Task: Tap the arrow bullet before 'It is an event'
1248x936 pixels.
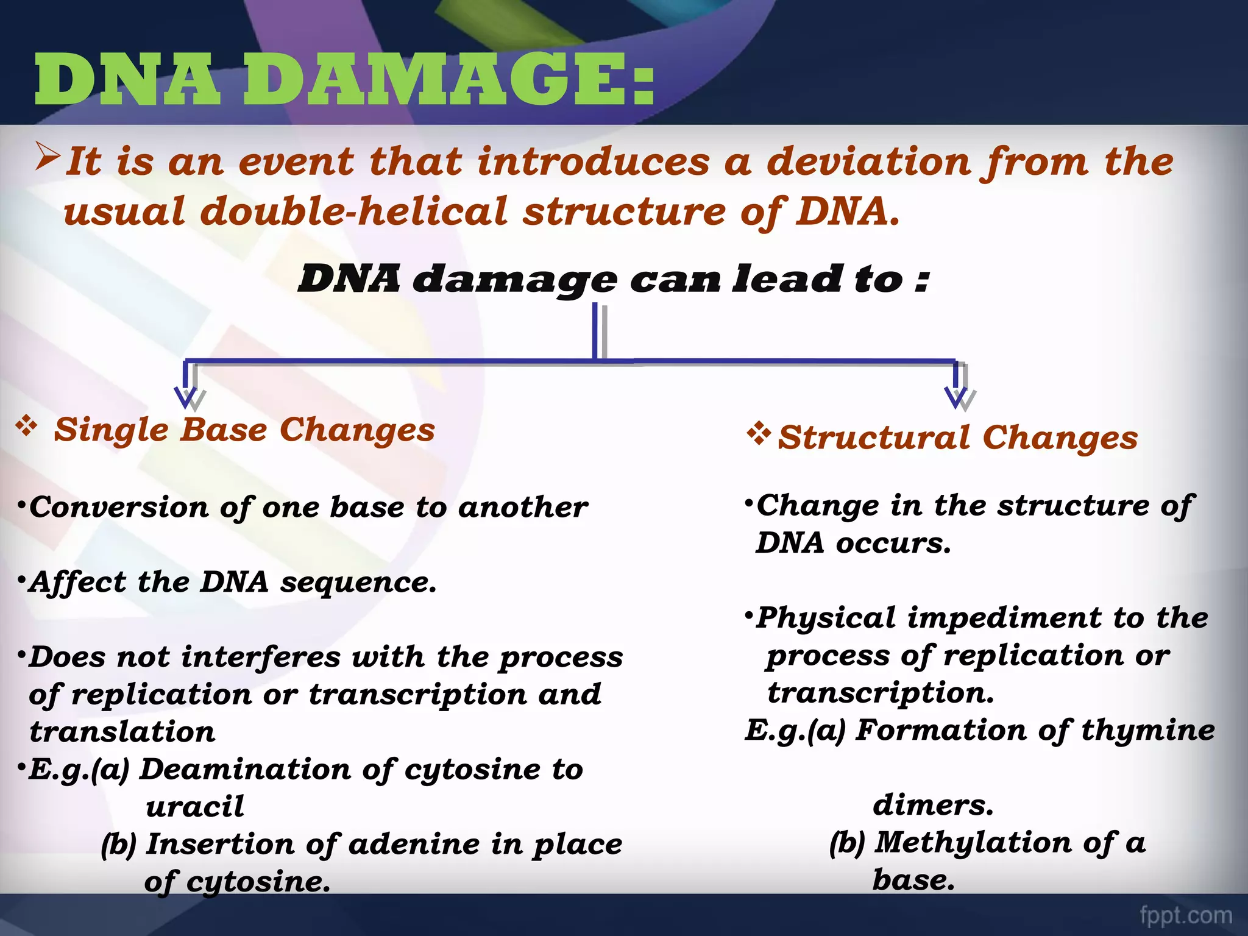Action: (48, 156)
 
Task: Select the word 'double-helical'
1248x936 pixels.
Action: (353, 212)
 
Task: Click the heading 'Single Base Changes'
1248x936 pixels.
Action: (244, 430)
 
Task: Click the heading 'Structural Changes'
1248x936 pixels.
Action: (957, 438)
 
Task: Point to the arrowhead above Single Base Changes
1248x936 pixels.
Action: (185, 397)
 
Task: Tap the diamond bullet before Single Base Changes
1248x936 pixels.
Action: (27, 425)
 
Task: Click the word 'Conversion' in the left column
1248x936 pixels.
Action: (119, 507)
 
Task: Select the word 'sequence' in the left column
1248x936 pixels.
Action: (358, 582)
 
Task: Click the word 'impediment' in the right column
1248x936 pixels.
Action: (1004, 618)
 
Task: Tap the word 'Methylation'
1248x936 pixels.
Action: (973, 843)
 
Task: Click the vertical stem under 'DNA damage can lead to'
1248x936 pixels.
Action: (595, 332)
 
